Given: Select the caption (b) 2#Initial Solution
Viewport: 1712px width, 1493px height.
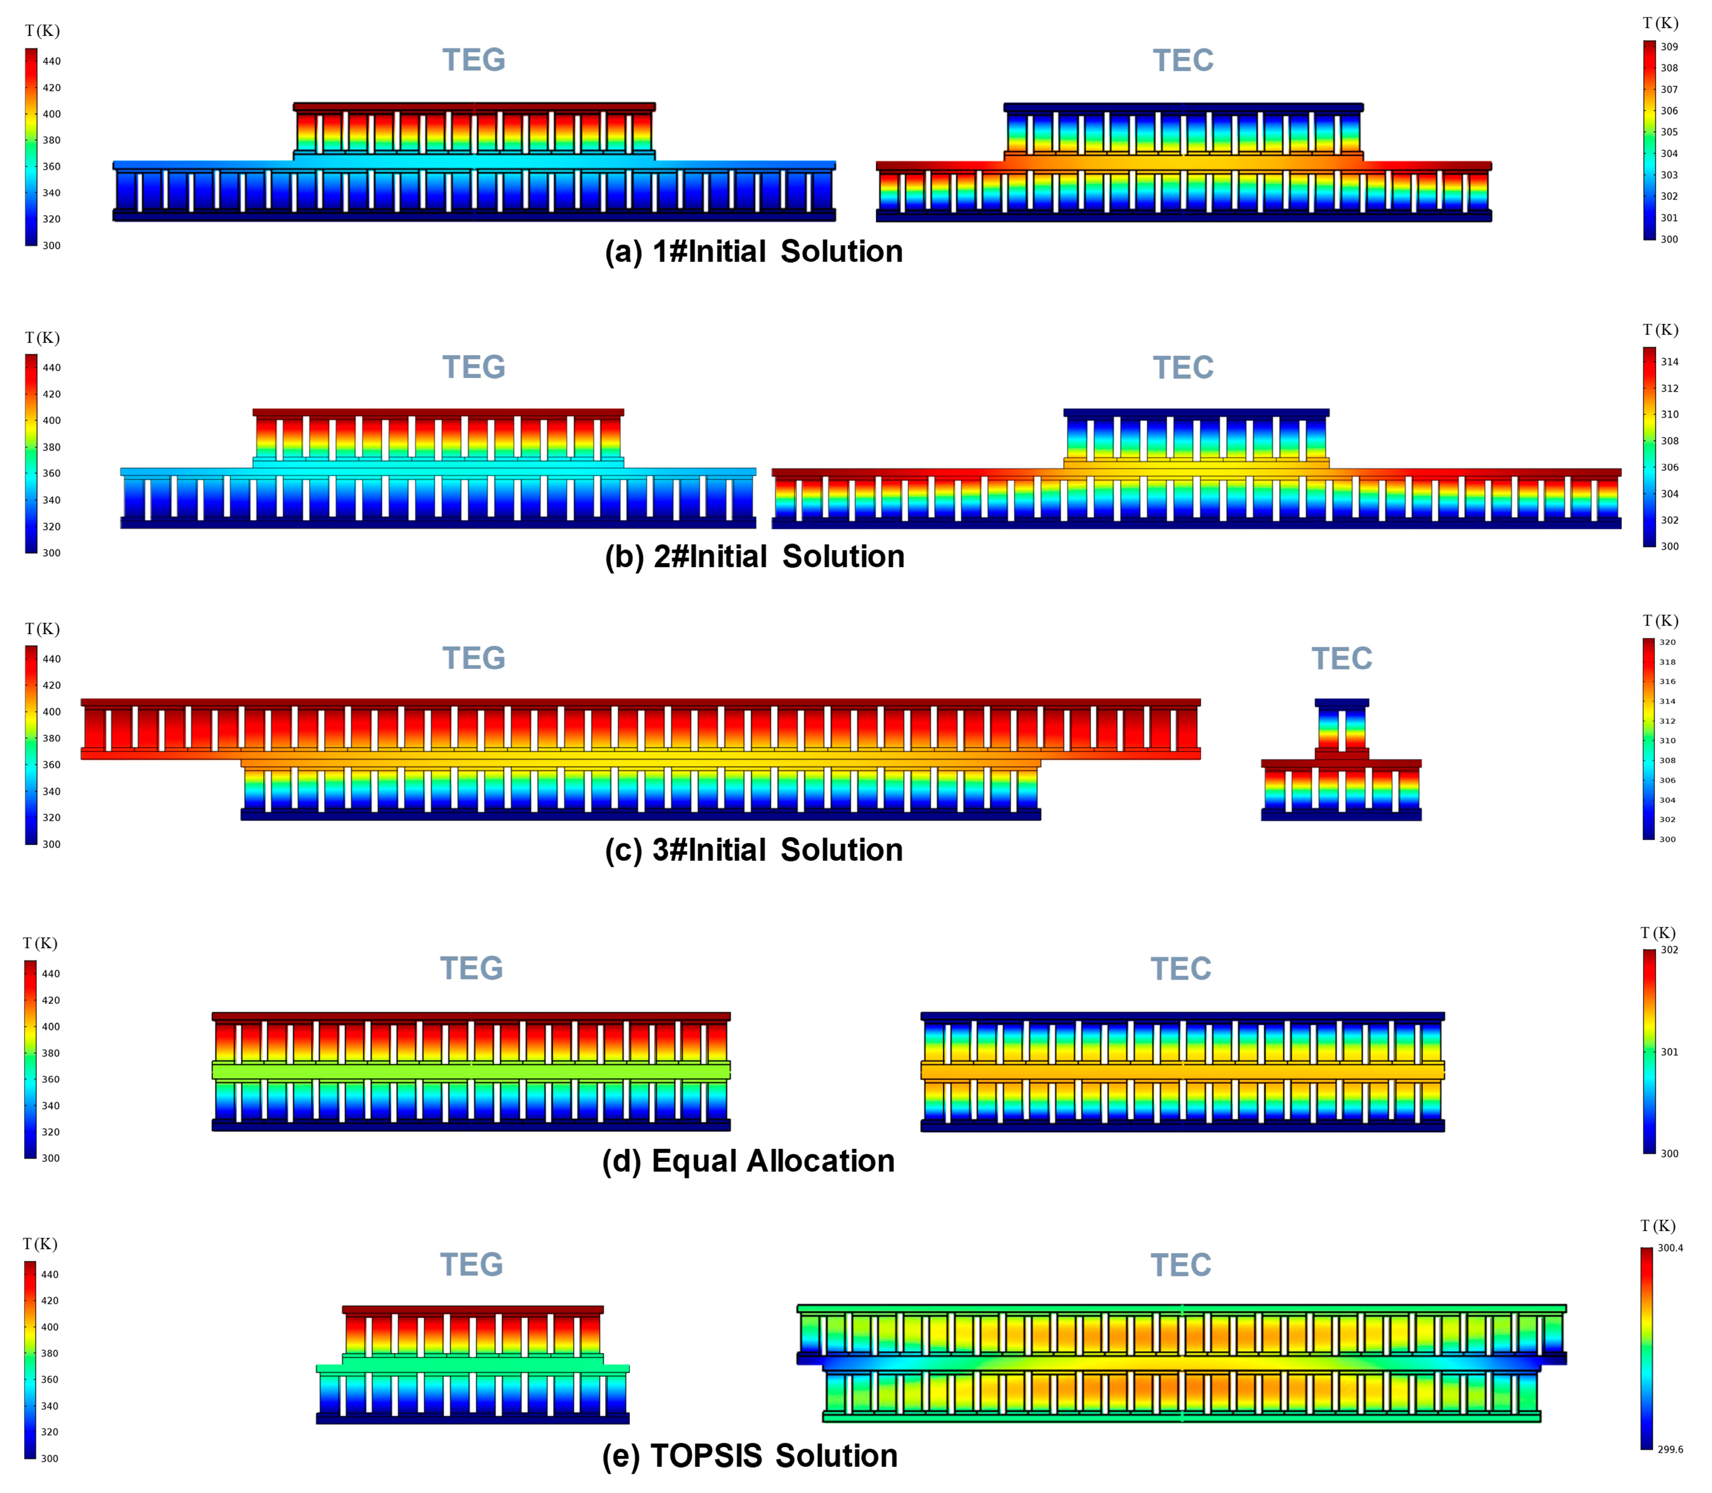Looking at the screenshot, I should (x=754, y=557).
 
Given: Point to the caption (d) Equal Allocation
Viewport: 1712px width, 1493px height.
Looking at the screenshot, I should (x=748, y=1160).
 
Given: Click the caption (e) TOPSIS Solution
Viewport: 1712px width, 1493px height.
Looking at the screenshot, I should (x=750, y=1456).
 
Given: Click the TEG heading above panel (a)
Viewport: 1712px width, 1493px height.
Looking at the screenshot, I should (x=473, y=60).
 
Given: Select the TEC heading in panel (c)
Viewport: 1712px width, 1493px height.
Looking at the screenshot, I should (x=1341, y=659).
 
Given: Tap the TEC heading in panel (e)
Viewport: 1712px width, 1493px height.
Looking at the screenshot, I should (x=1181, y=1265).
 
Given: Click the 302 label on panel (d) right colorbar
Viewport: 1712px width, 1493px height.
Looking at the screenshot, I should (x=1670, y=950).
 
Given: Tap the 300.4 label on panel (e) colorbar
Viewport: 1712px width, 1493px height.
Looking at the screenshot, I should (x=1670, y=1248).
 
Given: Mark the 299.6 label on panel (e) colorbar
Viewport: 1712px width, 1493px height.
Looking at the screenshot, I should (x=1670, y=1450).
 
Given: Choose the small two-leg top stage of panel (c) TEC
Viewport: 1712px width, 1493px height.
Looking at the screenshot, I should (x=1341, y=727).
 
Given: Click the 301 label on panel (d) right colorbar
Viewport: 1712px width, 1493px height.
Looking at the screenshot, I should (x=1670, y=1052).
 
